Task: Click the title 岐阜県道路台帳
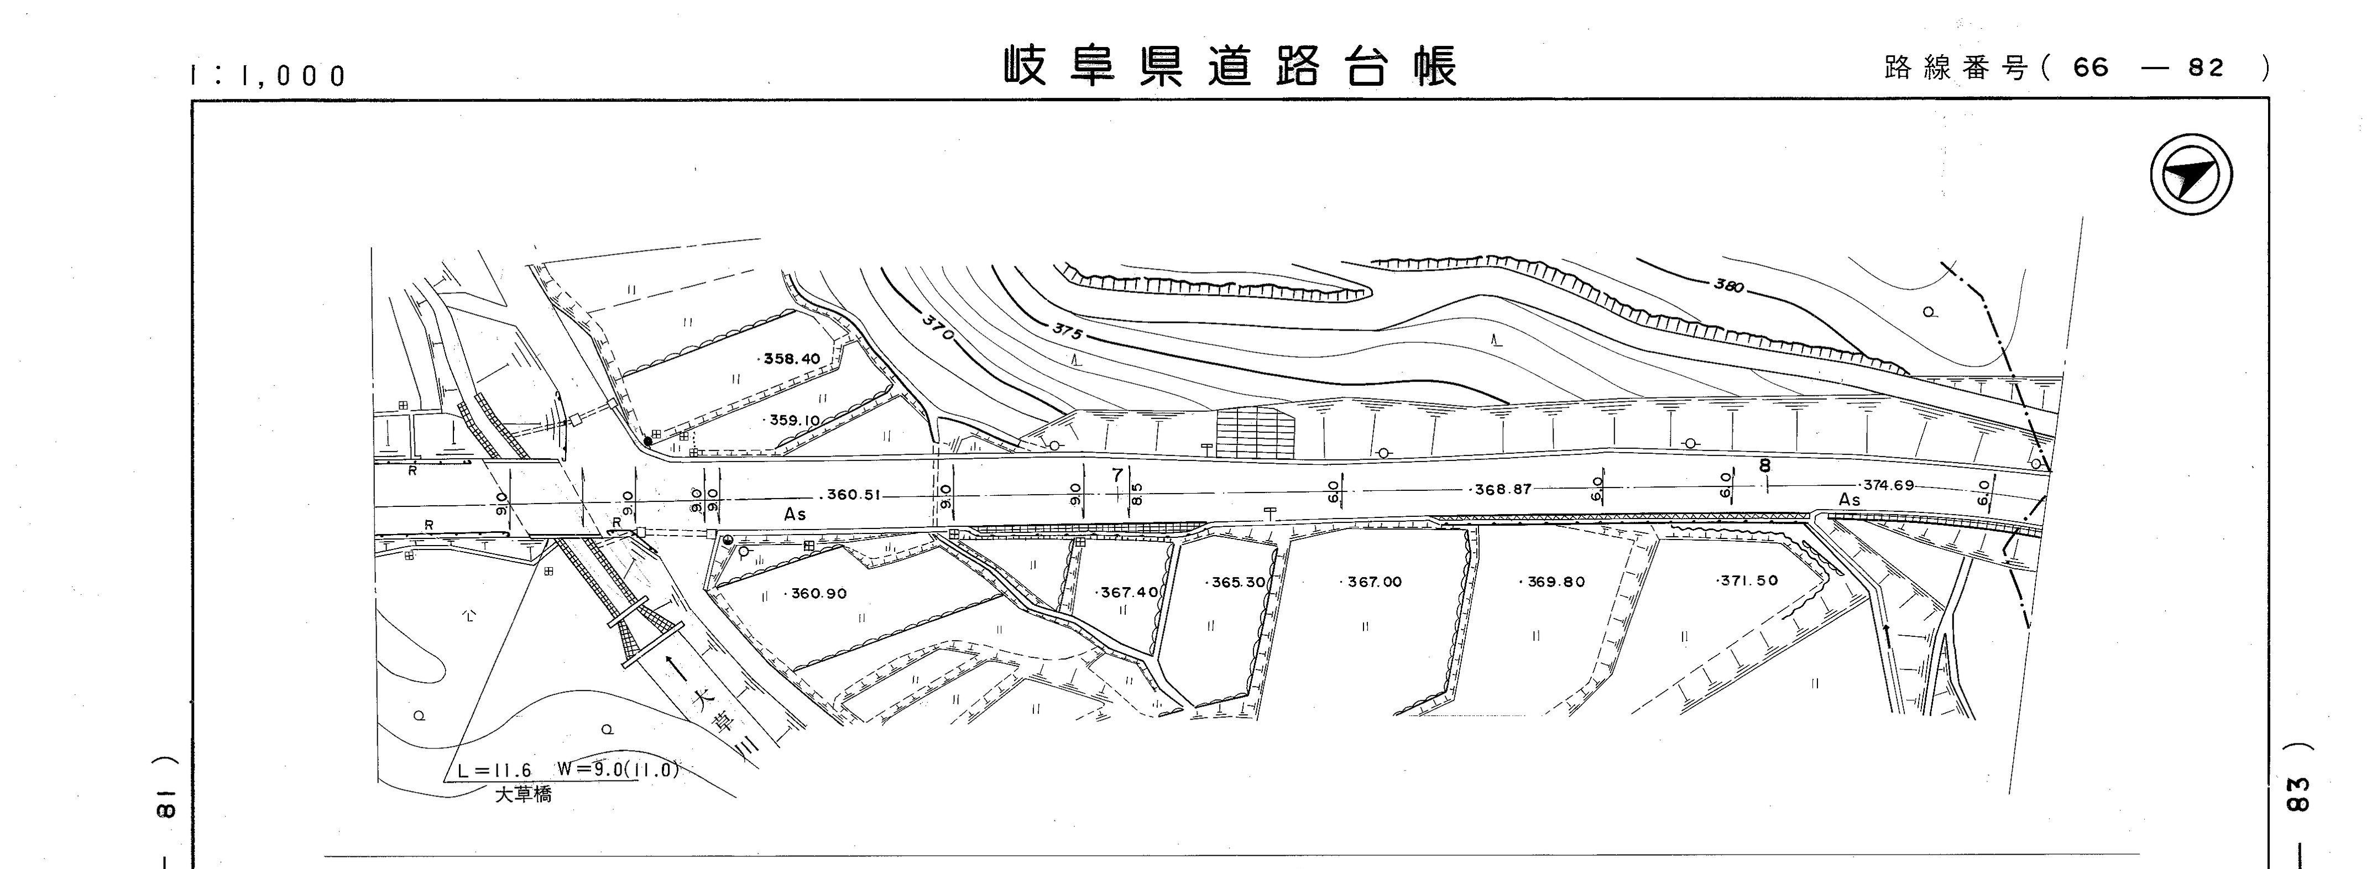[x=1231, y=66]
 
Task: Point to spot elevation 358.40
[x=791, y=359]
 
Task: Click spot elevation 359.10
[x=793, y=421]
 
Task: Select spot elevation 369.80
[x=1554, y=582]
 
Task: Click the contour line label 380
[x=1728, y=286]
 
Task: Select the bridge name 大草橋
[x=523, y=795]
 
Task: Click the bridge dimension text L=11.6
[x=495, y=771]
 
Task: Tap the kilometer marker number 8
[x=1764, y=466]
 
